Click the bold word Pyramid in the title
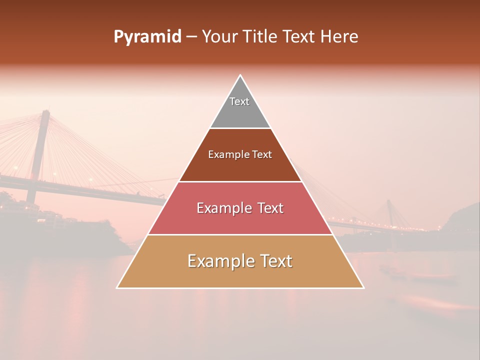pos(147,37)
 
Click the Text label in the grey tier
pos(239,101)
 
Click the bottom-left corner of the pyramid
pos(117,287)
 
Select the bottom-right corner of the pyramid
pos(363,287)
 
